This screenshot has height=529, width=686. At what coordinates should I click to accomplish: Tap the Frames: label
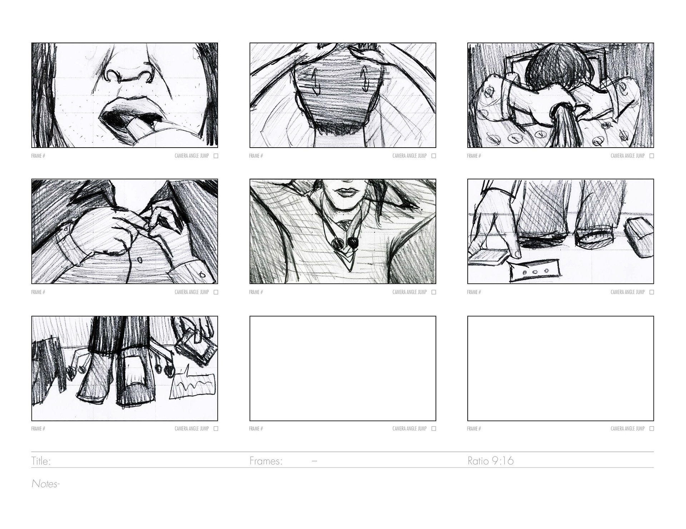pyautogui.click(x=266, y=461)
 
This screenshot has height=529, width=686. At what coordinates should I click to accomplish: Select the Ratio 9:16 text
pyautogui.click(x=491, y=461)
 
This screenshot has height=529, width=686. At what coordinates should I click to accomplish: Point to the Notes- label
pyautogui.click(x=45, y=484)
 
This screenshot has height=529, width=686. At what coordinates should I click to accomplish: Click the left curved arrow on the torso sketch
pyautogui.click(x=315, y=81)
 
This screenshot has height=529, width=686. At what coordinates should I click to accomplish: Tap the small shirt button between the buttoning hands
pyautogui.click(x=140, y=260)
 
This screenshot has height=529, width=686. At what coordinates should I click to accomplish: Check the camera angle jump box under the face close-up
pyautogui.click(x=216, y=156)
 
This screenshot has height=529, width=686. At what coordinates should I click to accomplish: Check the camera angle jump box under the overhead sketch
pyautogui.click(x=652, y=156)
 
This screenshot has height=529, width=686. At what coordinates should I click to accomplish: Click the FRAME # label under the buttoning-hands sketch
pyautogui.click(x=38, y=292)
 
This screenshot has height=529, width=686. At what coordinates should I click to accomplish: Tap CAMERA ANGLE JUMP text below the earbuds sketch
pyautogui.click(x=409, y=292)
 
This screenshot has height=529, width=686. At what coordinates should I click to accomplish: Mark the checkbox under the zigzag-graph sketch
pyautogui.click(x=216, y=429)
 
